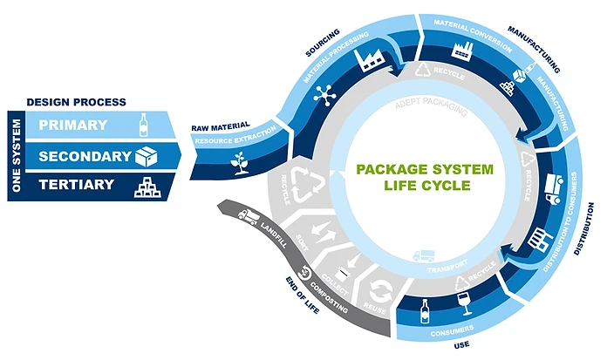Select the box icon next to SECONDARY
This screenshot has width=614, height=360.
146,155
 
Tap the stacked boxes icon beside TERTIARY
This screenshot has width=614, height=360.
146,185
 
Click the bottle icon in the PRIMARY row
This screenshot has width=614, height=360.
145,125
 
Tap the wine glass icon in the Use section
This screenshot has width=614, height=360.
461,301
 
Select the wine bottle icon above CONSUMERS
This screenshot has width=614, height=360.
425,311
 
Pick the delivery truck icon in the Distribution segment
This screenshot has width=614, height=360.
553,186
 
